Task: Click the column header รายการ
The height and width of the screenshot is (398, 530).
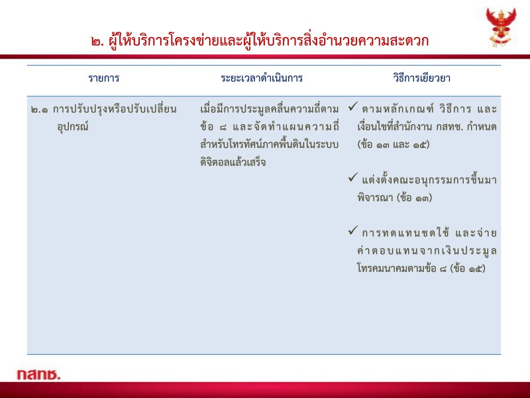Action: [103, 78]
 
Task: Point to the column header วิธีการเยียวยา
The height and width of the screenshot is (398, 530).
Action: [420, 78]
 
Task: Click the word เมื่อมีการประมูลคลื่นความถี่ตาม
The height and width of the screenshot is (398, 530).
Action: [269, 109]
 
